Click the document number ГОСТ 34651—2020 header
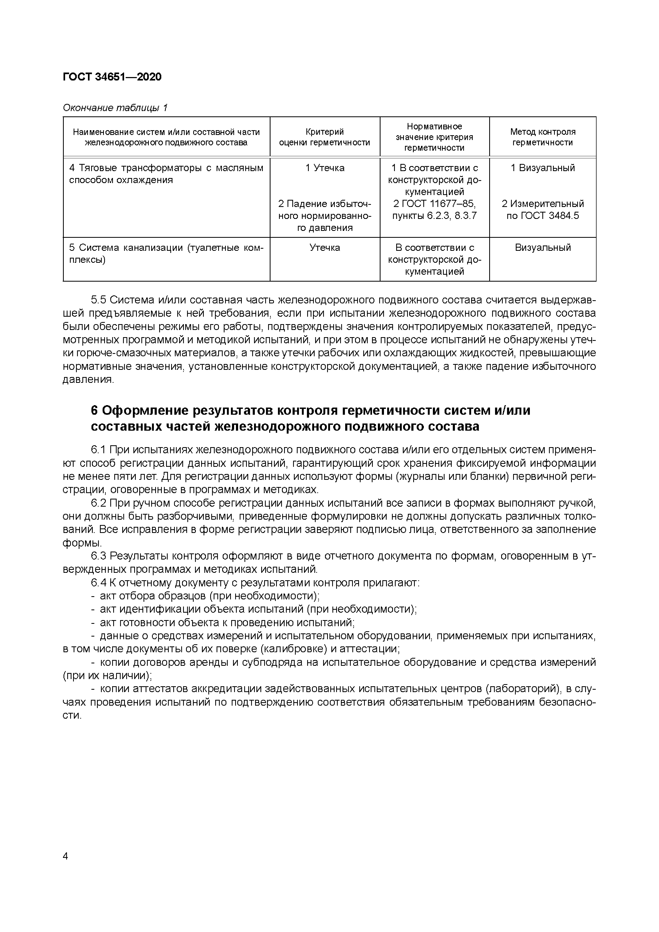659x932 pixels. (112, 77)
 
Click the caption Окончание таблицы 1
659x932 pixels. (115, 108)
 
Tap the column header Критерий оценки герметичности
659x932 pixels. (324, 137)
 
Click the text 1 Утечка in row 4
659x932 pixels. (325, 168)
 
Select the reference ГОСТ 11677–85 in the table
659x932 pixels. (434, 204)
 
